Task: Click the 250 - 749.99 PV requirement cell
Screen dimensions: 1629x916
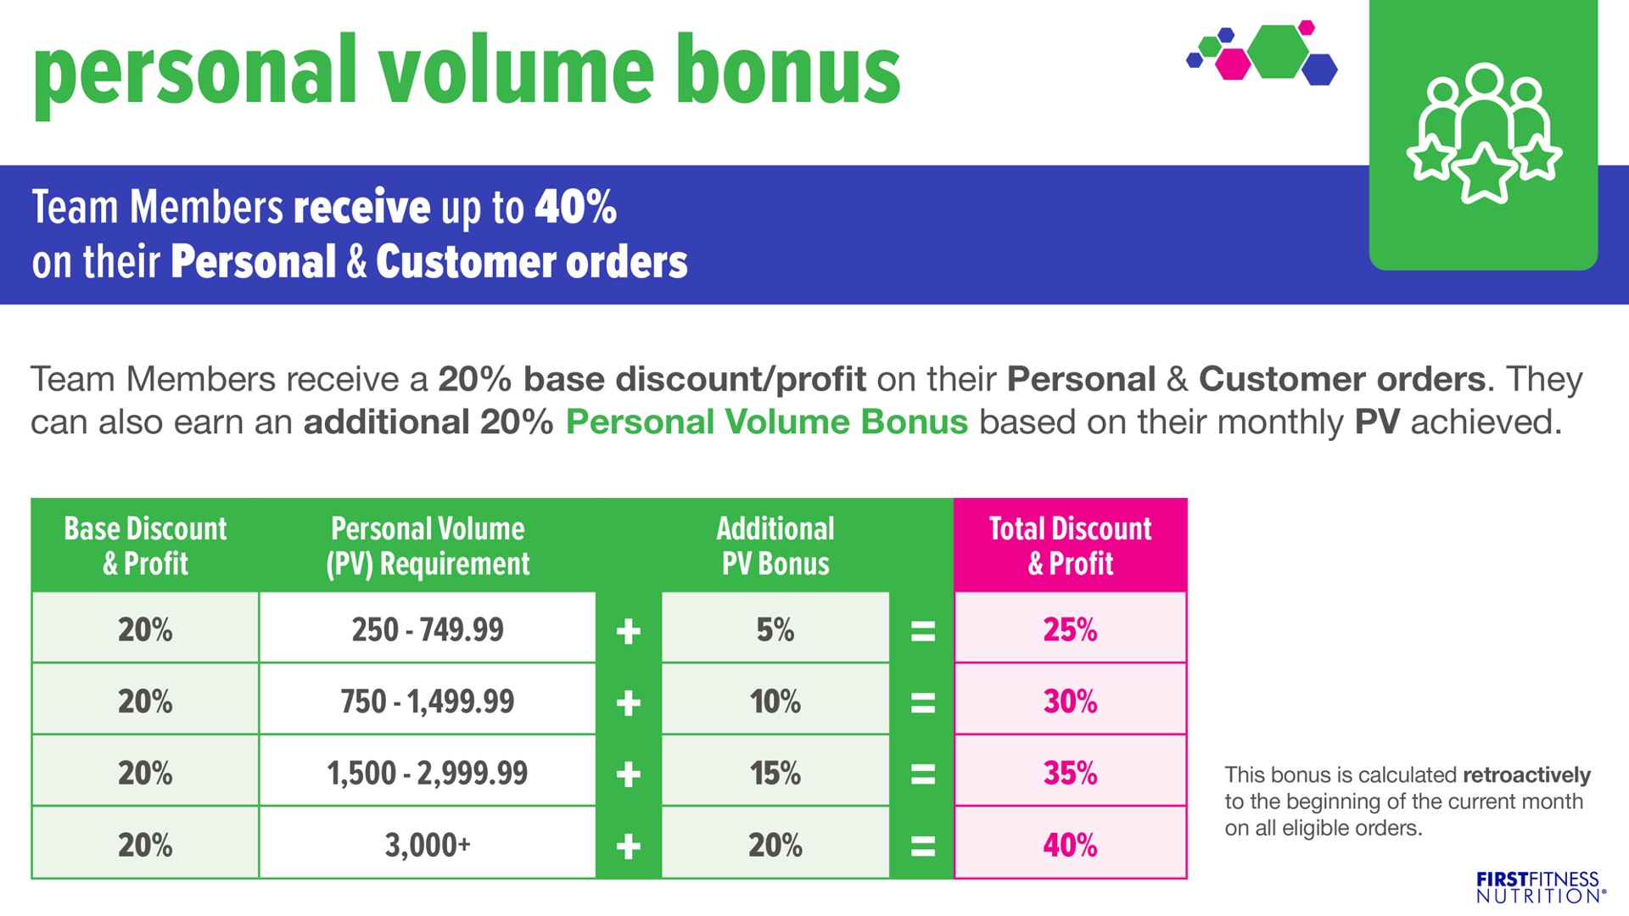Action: click(x=428, y=628)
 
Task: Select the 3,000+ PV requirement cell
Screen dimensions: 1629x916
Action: click(x=428, y=844)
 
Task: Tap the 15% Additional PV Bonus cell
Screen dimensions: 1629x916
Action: click(x=775, y=772)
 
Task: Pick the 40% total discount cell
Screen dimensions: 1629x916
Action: click(x=1070, y=844)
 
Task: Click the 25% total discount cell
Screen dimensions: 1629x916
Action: click(x=1070, y=628)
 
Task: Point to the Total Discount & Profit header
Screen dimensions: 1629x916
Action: click(x=1070, y=545)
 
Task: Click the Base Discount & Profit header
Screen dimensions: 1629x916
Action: click(x=145, y=545)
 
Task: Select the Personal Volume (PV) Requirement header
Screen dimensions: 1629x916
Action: click(x=428, y=545)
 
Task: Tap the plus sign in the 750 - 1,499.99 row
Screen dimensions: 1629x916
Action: click(x=628, y=702)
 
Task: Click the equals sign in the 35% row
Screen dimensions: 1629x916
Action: click(x=922, y=774)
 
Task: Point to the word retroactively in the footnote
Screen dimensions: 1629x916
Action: click(x=1526, y=775)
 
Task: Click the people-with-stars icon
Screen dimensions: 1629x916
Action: click(x=1484, y=133)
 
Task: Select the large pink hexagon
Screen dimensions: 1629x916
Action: click(x=1233, y=64)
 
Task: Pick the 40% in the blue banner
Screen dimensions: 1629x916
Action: click(x=575, y=207)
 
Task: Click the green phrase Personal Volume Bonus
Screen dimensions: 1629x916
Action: click(x=766, y=422)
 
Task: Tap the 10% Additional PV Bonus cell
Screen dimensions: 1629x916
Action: click(x=775, y=701)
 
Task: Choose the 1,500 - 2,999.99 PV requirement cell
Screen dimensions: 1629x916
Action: click(x=428, y=772)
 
